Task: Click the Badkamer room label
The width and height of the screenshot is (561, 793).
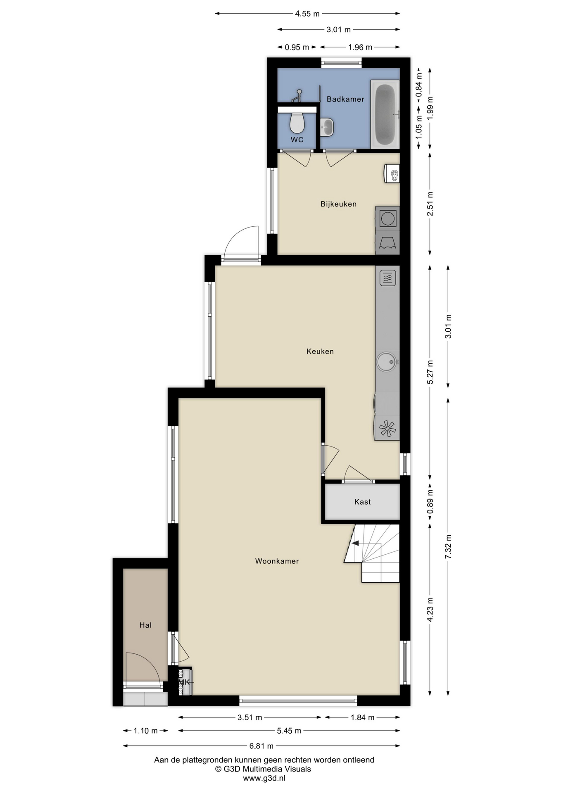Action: (x=345, y=99)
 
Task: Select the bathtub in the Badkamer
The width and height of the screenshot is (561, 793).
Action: (x=385, y=114)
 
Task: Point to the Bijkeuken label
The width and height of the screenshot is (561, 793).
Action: (x=338, y=204)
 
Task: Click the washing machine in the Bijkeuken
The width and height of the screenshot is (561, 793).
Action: (x=387, y=218)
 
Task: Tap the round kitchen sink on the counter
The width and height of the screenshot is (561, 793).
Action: (x=387, y=362)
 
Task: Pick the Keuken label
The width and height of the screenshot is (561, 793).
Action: (x=320, y=351)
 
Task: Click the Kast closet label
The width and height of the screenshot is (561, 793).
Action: (x=362, y=502)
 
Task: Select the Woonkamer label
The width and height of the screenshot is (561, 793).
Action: (x=277, y=561)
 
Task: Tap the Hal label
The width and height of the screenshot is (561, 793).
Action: (x=145, y=625)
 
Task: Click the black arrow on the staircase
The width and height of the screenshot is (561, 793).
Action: (x=355, y=543)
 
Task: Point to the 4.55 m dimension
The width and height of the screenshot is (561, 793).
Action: (x=307, y=14)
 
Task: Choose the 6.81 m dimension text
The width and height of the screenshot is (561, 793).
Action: (x=261, y=746)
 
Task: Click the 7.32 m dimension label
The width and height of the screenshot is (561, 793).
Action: (x=448, y=546)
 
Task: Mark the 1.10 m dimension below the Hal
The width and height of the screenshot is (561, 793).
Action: (x=145, y=731)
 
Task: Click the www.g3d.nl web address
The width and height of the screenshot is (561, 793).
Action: (x=264, y=778)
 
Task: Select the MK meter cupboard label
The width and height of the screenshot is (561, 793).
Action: (x=185, y=682)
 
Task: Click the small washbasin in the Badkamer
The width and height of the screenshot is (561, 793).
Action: (x=327, y=127)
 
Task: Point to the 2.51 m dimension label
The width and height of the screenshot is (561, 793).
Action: (x=430, y=204)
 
